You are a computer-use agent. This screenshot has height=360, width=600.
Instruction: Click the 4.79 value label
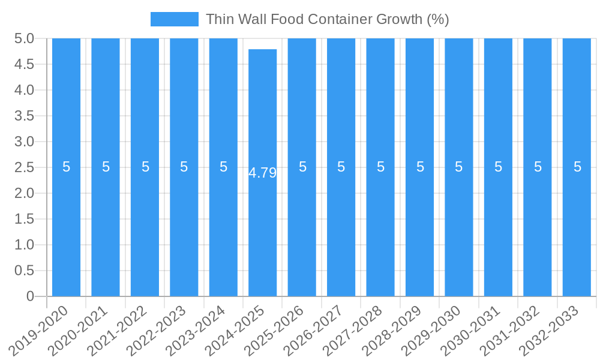click(263, 173)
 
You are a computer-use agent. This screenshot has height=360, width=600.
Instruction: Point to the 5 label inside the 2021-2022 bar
click(145, 167)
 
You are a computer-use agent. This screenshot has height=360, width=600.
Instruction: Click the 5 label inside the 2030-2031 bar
click(498, 167)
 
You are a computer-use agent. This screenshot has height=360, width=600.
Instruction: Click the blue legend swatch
click(174, 19)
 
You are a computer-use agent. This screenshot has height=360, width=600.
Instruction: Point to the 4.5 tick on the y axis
click(24, 64)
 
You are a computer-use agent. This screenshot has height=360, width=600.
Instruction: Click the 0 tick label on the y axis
click(30, 296)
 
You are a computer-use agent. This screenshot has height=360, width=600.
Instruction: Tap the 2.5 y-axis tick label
click(24, 167)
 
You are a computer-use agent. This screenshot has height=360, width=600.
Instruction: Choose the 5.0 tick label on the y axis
click(24, 38)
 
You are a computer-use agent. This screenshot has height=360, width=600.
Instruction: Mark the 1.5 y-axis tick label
click(24, 219)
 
